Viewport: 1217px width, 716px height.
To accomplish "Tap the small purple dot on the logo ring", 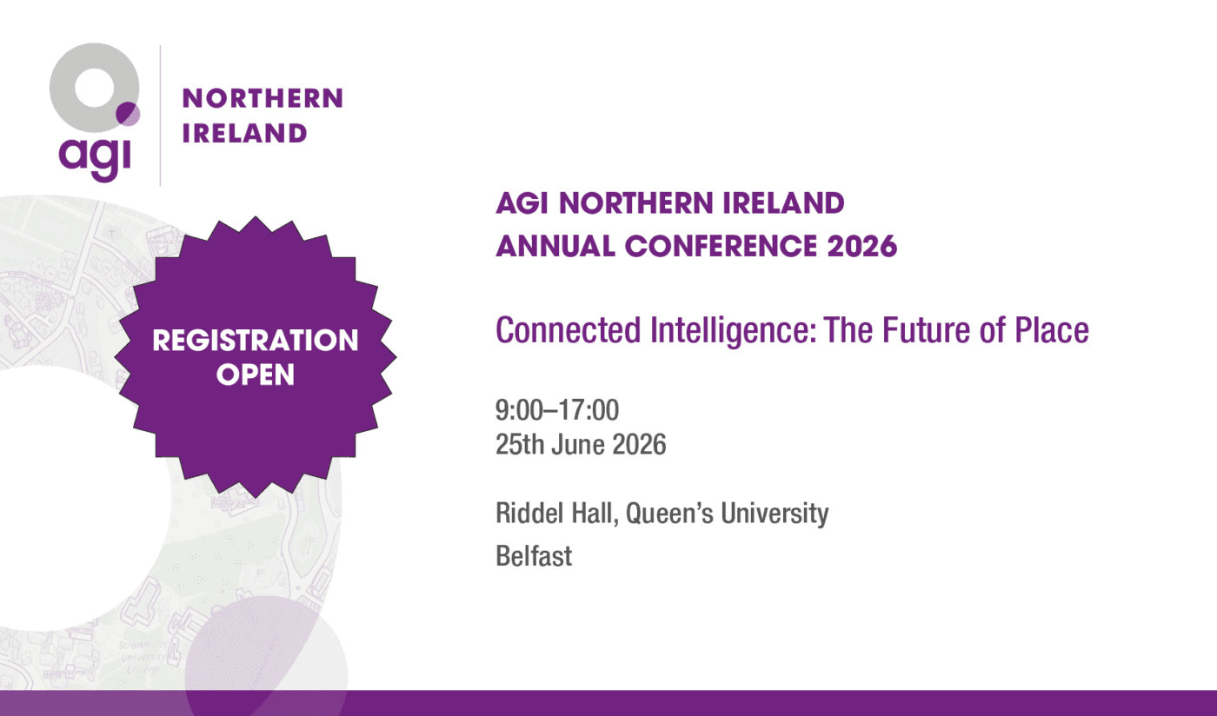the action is coord(129,114).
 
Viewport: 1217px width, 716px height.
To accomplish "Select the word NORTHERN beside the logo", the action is coord(263,98).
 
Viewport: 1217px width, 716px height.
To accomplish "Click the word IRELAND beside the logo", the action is coord(244,133).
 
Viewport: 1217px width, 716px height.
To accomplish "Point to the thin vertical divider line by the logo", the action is coord(160,116).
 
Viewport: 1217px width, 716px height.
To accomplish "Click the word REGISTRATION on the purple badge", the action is coord(256,341).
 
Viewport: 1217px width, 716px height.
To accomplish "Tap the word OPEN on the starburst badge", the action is coord(256,375).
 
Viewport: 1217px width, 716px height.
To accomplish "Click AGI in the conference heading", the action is coord(522,203).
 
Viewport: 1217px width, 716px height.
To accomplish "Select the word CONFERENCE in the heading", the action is coord(721,246).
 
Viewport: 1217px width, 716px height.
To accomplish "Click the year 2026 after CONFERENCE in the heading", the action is coord(861,246).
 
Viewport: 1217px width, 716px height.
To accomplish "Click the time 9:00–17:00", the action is coord(557,410).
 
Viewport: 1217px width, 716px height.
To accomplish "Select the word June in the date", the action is coord(578,444).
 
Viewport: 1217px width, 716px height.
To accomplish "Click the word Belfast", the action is coord(534,556).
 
